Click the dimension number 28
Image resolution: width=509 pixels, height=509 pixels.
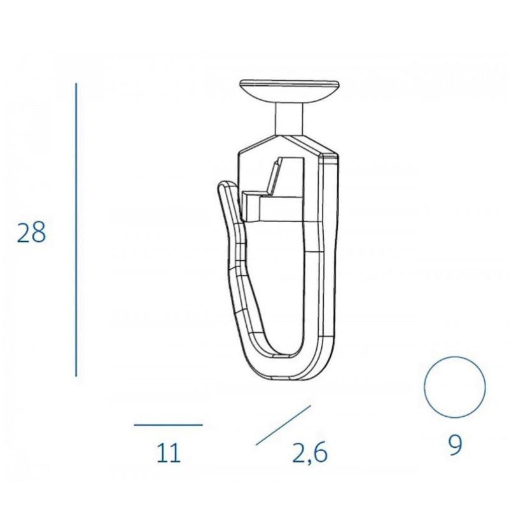[31, 232]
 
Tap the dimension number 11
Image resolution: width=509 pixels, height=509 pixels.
[169, 453]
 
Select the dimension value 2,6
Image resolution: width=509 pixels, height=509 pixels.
[310, 453]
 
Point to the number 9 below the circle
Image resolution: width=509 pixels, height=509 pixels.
[455, 445]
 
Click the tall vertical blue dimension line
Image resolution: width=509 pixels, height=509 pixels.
[76, 230]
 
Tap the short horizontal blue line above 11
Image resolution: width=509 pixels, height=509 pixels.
[169, 424]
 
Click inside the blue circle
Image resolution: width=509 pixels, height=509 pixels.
[455, 387]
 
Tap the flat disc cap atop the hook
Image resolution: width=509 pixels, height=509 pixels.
[289, 91]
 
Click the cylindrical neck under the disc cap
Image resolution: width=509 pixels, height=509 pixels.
[289, 118]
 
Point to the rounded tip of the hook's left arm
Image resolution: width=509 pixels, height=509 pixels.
[223, 185]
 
